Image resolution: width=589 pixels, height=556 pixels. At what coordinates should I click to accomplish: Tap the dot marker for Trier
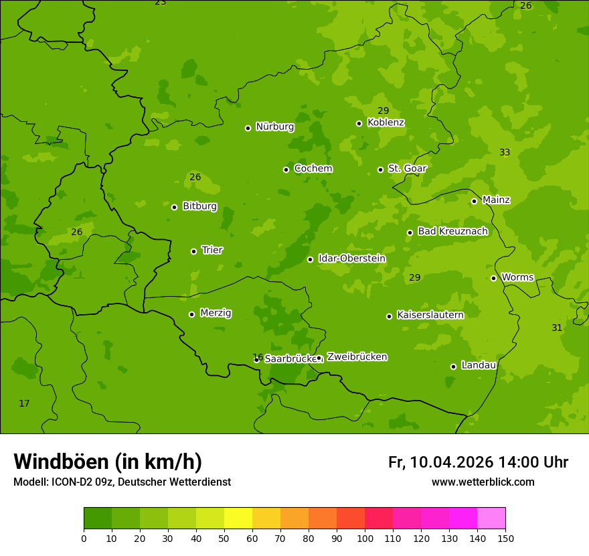click(x=194, y=251)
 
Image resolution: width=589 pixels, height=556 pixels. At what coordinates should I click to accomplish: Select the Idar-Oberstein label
click(x=351, y=259)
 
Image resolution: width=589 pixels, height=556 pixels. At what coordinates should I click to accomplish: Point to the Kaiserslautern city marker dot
click(x=389, y=316)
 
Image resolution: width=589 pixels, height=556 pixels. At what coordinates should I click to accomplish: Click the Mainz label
click(x=496, y=200)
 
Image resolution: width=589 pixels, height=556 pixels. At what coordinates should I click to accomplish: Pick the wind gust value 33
click(x=505, y=153)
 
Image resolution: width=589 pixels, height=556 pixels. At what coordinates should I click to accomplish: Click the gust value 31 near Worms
click(x=557, y=328)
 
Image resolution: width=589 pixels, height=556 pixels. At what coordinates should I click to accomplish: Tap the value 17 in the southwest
click(x=24, y=403)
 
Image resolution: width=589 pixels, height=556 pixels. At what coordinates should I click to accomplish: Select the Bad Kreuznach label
click(x=452, y=231)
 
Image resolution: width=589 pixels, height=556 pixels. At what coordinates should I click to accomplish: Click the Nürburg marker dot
click(x=248, y=128)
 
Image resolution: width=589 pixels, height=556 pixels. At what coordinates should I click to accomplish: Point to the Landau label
click(x=479, y=365)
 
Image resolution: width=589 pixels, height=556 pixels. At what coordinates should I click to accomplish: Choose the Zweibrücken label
click(x=357, y=357)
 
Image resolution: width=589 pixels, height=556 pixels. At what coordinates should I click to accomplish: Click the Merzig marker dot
click(x=191, y=314)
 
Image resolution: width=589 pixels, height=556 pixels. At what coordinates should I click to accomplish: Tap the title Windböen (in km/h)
click(x=108, y=462)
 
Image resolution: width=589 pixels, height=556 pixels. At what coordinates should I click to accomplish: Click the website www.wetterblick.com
click(x=483, y=482)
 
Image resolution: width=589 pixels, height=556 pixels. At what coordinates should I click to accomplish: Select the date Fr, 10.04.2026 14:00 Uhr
click(x=478, y=462)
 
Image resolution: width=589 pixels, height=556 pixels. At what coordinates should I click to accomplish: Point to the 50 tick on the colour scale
click(x=224, y=538)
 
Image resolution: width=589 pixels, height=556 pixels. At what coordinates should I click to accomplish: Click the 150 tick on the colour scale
click(x=505, y=538)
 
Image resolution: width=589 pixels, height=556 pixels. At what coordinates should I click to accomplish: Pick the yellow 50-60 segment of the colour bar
click(x=238, y=518)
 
